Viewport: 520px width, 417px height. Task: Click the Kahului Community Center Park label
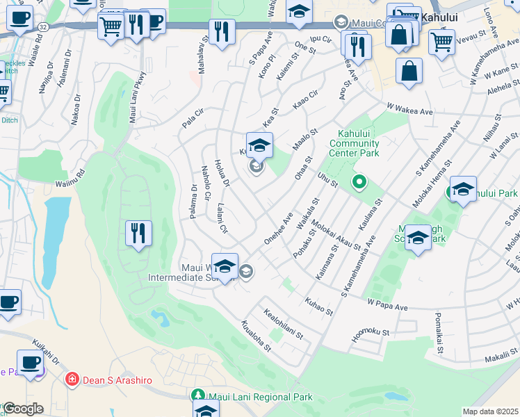point(359,144)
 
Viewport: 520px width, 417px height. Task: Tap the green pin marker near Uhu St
point(359,183)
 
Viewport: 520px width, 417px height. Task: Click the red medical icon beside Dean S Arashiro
point(71,379)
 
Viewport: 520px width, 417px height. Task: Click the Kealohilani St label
point(284,325)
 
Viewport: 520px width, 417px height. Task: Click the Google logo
point(23,409)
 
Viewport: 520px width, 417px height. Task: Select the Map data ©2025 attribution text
point(490,411)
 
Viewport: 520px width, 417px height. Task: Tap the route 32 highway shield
point(43,26)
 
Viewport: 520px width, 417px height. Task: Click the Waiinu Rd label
point(70,179)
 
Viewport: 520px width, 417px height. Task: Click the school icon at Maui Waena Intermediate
point(225,266)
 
